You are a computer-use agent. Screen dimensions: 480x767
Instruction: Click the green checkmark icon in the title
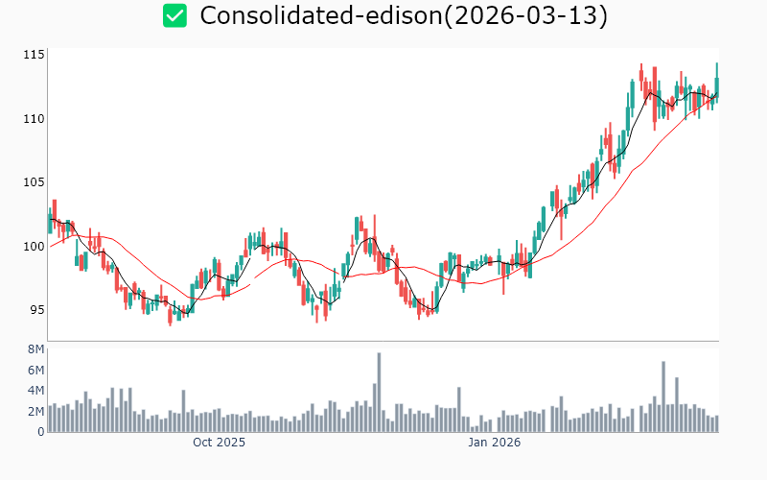pos(174,15)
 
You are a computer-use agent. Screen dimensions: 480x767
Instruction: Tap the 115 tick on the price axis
pos(35,55)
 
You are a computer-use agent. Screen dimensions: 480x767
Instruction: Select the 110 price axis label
pos(35,118)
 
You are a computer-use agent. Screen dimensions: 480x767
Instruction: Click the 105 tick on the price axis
pos(35,182)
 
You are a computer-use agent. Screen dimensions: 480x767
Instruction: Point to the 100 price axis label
pos(35,246)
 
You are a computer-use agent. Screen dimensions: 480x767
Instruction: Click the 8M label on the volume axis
pos(36,349)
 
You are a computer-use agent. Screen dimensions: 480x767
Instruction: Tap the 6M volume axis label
pos(36,371)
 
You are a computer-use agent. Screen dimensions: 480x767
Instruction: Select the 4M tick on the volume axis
pos(36,391)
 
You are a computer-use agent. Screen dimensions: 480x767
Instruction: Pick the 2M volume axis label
pos(36,411)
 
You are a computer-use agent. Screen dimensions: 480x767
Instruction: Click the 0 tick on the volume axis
pos(41,432)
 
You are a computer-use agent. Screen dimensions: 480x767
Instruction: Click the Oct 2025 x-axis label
pos(219,443)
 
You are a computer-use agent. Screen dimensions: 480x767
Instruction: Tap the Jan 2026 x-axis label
pos(494,443)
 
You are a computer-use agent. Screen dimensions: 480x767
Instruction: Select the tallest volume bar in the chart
pos(379,393)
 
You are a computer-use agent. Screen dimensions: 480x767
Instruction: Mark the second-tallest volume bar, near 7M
pos(663,396)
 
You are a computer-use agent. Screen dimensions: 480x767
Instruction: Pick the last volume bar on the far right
pos(716,423)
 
